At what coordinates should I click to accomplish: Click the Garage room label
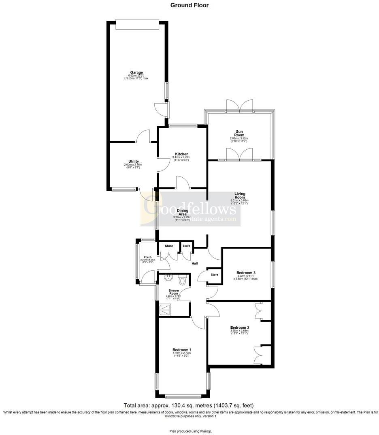136,73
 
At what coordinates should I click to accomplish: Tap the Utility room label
134,161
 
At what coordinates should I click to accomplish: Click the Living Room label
240,196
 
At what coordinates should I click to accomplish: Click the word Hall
195,264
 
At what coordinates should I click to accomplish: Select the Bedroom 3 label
245,273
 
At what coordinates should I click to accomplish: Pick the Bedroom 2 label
240,327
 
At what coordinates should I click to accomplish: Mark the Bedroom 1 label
182,350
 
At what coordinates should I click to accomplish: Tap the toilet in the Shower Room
182,280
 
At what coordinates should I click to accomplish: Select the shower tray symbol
166,310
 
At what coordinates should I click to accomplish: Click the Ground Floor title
189,5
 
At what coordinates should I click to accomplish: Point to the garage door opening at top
136,24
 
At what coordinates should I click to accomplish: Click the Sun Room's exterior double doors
240,107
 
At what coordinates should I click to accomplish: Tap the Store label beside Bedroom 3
214,275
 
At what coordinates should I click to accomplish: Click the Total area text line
189,405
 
